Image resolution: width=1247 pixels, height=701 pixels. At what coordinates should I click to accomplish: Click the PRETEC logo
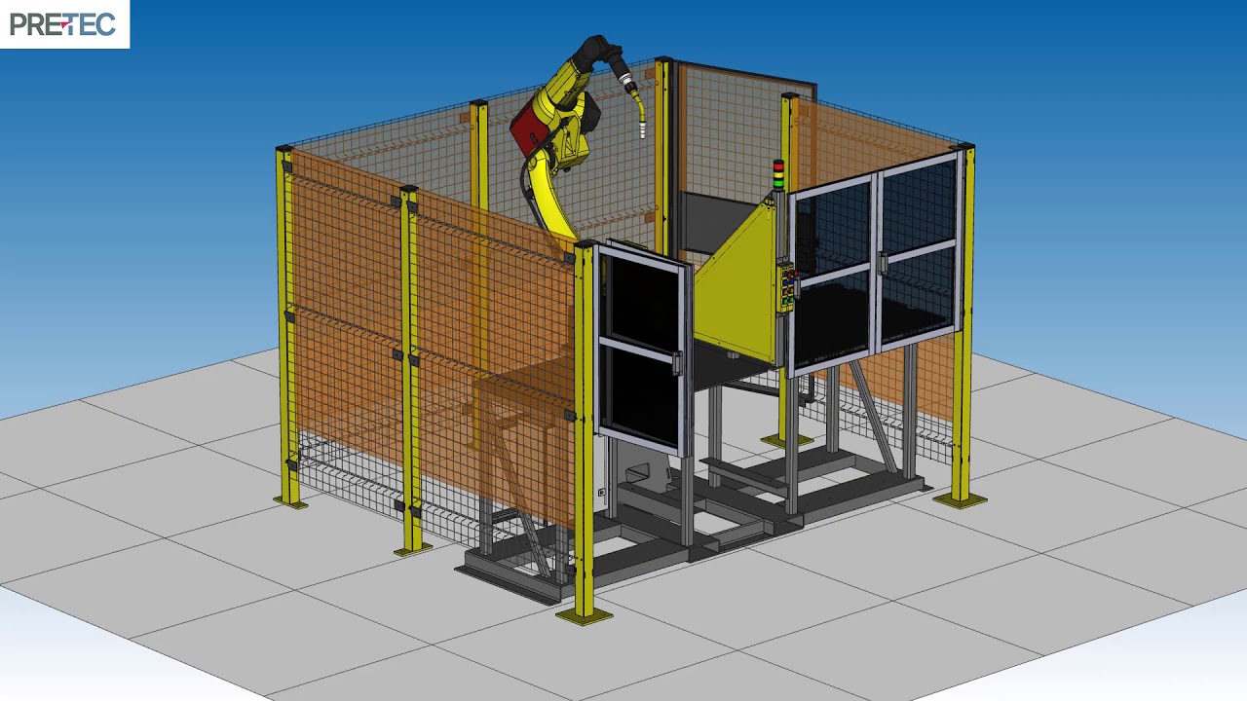coord(63,24)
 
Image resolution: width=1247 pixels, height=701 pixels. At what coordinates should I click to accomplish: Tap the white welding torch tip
coord(642,131)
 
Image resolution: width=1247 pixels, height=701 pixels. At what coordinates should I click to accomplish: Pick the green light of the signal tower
coord(778,182)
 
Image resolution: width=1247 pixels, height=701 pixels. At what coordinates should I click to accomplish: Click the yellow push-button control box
coord(788,287)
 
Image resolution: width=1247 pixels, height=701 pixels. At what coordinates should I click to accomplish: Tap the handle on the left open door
coord(677,364)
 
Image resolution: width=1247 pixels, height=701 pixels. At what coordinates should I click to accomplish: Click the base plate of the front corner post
coord(584,615)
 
